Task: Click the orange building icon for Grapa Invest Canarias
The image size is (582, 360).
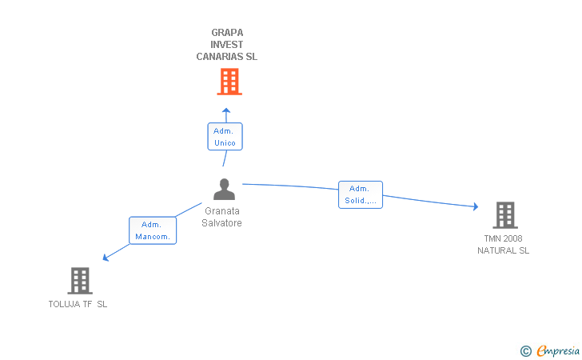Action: point(229,82)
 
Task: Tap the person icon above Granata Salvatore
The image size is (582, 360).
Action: point(225,190)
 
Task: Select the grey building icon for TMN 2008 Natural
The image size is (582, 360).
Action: point(504,215)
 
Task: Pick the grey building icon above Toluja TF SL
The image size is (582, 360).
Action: point(80,281)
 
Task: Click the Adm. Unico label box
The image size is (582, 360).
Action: point(225,137)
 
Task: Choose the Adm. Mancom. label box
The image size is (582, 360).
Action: point(152,230)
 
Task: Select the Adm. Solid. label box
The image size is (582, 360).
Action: point(360,194)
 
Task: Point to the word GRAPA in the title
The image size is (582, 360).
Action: point(227,33)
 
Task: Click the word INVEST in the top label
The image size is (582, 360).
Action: point(227,45)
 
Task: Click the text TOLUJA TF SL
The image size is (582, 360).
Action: point(78,304)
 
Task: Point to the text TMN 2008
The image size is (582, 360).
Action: point(504,238)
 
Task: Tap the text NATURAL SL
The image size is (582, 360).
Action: point(504,250)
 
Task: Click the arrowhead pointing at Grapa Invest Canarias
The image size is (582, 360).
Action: point(226,111)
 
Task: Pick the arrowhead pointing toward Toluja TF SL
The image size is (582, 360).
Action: point(106,257)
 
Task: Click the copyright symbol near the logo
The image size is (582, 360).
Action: point(525,350)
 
